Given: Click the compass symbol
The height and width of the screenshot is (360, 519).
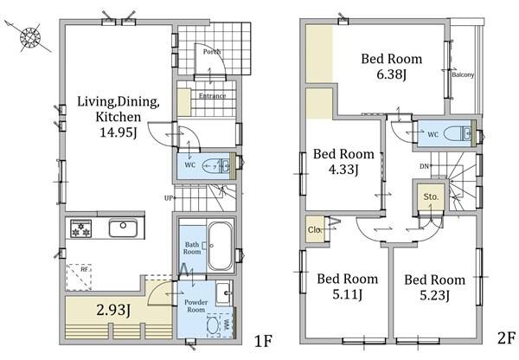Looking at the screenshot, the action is (x=29, y=36).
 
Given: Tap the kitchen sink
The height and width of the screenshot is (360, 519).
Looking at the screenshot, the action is (x=123, y=228).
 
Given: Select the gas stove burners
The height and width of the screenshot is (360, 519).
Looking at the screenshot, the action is (x=81, y=228).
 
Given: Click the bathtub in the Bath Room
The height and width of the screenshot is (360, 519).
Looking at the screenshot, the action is (x=220, y=246).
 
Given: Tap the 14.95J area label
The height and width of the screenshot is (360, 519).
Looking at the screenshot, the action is (x=119, y=132).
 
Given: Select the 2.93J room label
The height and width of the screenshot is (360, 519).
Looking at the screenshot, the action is (x=112, y=311).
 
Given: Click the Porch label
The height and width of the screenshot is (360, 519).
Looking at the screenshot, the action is (x=212, y=52).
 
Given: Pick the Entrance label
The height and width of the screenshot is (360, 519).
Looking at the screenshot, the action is (x=213, y=96).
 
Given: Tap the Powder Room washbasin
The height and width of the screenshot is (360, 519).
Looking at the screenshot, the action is (x=224, y=293).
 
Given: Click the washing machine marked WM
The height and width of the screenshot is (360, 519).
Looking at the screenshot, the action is (x=220, y=324).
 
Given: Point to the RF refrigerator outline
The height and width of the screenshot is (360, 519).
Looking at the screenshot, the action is (x=79, y=277).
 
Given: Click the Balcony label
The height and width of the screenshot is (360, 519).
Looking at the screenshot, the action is (x=463, y=74).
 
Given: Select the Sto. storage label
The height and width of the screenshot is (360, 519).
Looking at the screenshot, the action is (x=431, y=196).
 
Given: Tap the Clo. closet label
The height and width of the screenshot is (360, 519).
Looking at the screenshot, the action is (x=315, y=229).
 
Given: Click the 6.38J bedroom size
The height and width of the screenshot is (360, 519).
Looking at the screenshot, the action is (x=392, y=74).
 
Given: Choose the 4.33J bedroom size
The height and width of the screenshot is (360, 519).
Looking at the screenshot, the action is (x=343, y=170).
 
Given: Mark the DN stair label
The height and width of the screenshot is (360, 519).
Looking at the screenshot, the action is (x=425, y=166).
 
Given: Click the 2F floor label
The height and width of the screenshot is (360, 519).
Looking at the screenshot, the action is (x=506, y=338).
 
